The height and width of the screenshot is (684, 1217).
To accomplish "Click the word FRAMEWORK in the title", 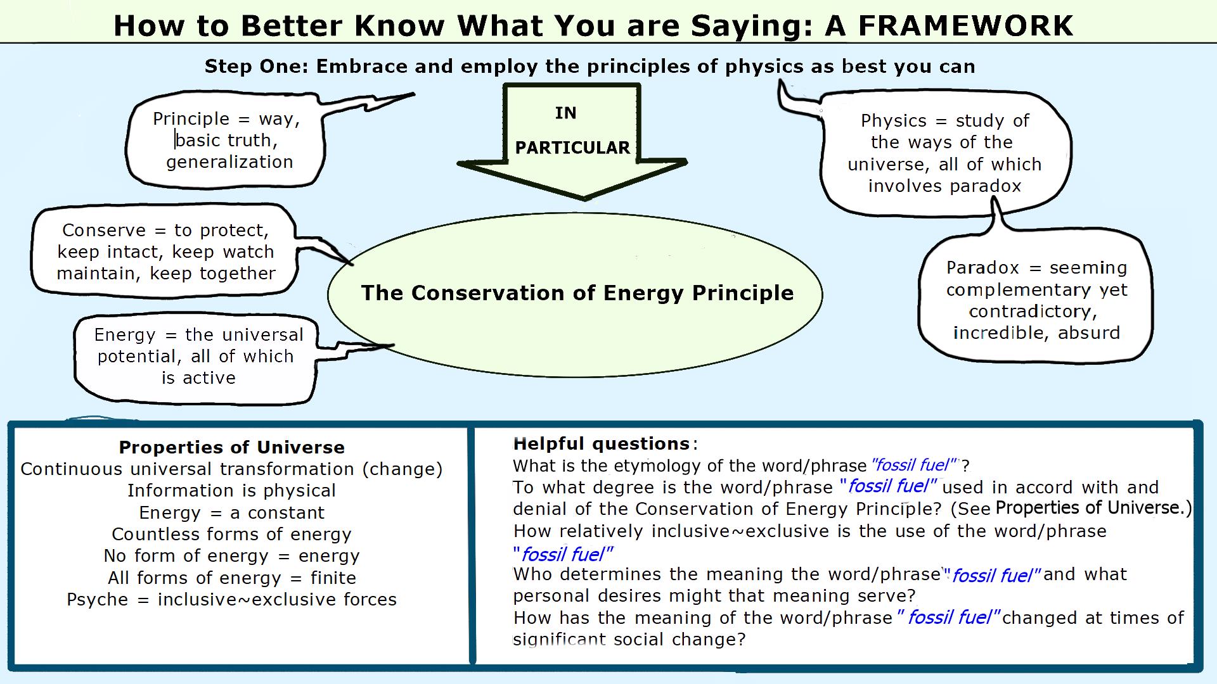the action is pos(966,26).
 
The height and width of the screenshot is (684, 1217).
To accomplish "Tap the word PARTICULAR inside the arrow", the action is pos(572,148).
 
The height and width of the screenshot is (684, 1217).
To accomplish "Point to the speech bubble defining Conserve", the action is pos(165,251).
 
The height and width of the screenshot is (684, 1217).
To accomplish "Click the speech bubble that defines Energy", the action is pos(196,357).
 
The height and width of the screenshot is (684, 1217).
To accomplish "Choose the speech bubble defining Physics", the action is pos(944,153).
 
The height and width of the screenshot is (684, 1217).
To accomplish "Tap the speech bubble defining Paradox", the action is pos(1036,300).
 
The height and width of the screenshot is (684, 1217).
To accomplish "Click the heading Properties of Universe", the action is pos(232,447).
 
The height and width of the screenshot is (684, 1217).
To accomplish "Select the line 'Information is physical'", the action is pos(232,491).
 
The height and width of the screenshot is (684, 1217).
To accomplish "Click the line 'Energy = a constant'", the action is pos(232,512).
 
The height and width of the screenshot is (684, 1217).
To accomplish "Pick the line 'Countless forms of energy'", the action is pos(232,534).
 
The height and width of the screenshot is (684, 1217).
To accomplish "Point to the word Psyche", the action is pos(98,600).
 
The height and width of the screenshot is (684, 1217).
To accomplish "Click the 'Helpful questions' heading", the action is pos(602,443).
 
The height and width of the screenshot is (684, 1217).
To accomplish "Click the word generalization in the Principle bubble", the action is pos(229,162).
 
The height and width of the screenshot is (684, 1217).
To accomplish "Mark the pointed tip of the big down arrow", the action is pos(584,199).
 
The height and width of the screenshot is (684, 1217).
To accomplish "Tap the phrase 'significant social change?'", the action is pos(629,640).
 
